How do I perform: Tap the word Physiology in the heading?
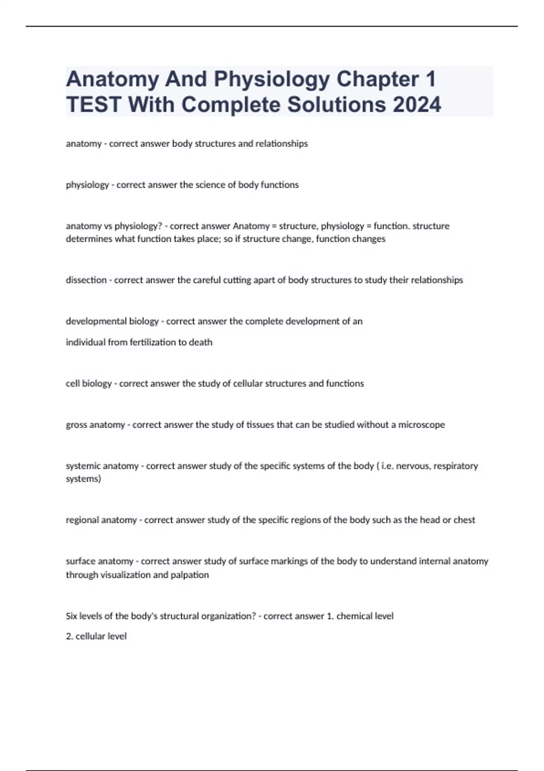272,79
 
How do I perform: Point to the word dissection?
86,280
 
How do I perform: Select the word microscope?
422,425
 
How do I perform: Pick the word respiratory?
456,466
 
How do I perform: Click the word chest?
464,520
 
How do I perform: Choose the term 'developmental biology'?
112,322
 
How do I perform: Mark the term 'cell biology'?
88,384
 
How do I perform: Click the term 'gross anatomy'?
95,425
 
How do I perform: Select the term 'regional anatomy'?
101,520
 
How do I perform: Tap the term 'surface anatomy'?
99,561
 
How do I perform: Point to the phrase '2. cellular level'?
96,636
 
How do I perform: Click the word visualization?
125,575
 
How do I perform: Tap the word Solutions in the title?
337,105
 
